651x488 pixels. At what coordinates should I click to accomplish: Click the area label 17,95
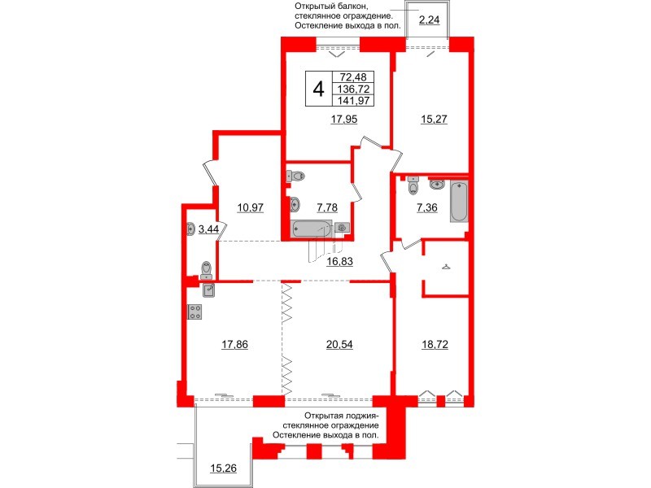pyautogui.click(x=344, y=119)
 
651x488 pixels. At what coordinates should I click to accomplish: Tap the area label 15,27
pyautogui.click(x=434, y=119)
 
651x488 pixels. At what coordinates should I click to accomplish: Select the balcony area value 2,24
pyautogui.click(x=429, y=21)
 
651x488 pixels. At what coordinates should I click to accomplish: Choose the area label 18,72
pyautogui.click(x=434, y=344)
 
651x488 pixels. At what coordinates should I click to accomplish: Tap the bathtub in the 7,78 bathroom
pyautogui.click(x=311, y=229)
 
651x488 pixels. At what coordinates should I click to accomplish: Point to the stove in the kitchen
pyautogui.click(x=195, y=312)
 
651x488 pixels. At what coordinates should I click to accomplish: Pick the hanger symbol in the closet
pyautogui.click(x=444, y=266)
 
